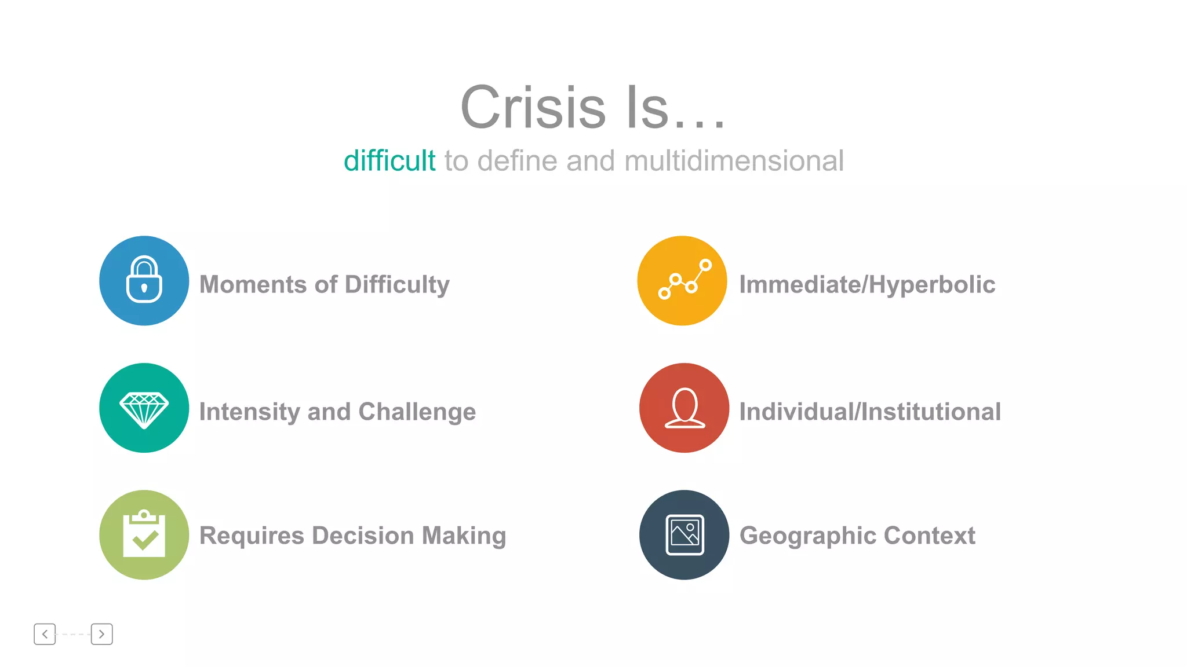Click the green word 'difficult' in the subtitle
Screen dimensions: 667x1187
(389, 161)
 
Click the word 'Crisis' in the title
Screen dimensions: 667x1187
(533, 108)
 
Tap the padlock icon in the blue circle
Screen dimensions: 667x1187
(144, 280)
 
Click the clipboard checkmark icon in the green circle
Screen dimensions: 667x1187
(144, 534)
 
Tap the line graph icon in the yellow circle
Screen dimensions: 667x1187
(684, 280)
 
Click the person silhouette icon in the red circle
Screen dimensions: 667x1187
(684, 408)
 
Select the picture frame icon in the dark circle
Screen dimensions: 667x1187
(684, 534)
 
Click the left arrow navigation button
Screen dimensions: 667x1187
(45, 634)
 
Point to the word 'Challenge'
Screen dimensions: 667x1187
(417, 412)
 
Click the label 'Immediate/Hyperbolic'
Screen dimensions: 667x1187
(867, 285)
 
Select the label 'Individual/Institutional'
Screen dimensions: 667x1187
(870, 412)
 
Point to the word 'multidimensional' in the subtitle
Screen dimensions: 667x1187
(734, 161)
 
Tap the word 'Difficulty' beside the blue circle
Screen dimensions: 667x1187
(397, 285)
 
